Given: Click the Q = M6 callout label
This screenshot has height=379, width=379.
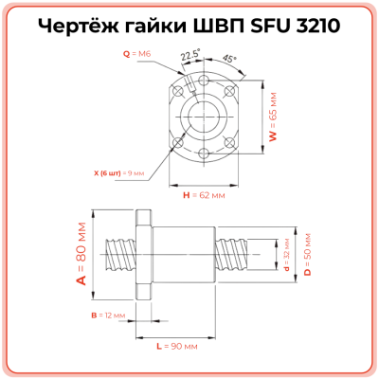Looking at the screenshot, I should [x=137, y=54].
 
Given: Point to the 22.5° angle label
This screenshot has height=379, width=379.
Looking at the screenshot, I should [x=190, y=55].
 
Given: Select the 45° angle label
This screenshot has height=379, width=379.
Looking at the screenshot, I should [x=229, y=58].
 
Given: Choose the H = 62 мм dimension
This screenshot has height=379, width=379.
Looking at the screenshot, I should [x=203, y=195].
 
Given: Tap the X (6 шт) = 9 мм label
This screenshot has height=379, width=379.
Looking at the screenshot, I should [x=119, y=173].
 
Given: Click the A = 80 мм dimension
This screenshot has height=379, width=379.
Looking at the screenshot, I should [x=81, y=253].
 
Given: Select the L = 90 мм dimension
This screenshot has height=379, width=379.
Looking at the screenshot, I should [x=176, y=346].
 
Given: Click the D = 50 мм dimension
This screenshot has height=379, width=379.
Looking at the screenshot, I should [x=308, y=253].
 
